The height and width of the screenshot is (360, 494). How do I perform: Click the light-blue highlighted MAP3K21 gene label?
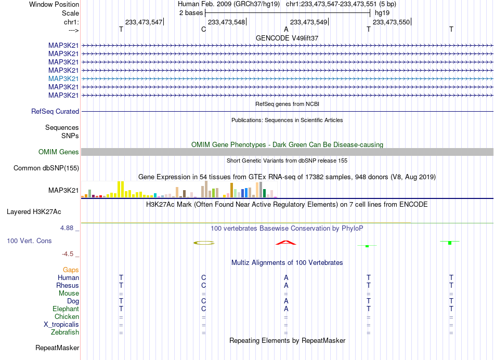(x=63, y=78)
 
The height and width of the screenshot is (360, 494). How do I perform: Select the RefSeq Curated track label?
(x=55, y=111)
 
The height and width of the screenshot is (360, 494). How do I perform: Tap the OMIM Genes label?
(x=59, y=152)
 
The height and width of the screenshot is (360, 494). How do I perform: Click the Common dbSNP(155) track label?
(x=46, y=168)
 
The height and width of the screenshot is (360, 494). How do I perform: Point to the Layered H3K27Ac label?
(x=34, y=212)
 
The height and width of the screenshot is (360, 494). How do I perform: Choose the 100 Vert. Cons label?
(x=29, y=241)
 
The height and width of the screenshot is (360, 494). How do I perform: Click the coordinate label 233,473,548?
(x=226, y=22)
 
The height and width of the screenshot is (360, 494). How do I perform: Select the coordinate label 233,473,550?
(x=391, y=22)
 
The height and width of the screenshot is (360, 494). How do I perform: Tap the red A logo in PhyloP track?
(x=286, y=243)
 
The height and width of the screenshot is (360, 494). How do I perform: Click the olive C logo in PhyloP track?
(x=204, y=243)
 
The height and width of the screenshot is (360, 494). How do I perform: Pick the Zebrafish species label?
(x=65, y=332)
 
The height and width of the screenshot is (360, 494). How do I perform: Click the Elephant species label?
(x=66, y=309)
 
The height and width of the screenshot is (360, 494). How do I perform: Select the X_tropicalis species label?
(x=61, y=325)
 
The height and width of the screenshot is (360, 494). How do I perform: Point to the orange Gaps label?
(x=71, y=270)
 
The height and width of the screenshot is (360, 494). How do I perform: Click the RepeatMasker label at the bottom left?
(x=57, y=348)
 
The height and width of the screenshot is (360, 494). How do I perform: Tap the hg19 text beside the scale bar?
(x=382, y=13)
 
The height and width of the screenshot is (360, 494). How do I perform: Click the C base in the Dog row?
(x=203, y=301)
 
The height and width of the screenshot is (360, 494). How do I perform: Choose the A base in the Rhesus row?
(x=286, y=285)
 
